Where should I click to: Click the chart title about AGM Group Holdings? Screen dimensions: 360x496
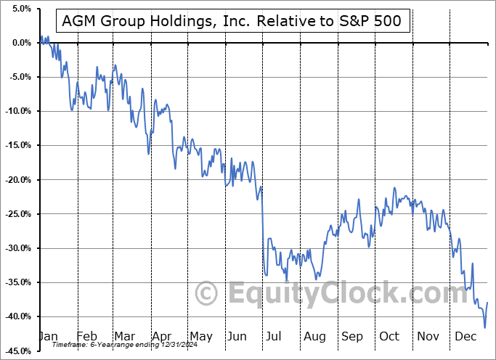tap(234, 22)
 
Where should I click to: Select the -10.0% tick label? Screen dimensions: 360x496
tap(16, 111)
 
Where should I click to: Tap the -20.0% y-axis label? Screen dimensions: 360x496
tap(16, 179)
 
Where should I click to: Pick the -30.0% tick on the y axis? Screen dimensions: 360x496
tap(16, 247)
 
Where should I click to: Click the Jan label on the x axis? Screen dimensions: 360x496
tap(49, 336)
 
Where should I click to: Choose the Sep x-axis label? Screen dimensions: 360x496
tap(351, 336)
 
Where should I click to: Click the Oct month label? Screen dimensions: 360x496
tap(389, 336)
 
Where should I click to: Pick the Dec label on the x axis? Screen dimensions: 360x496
tap(465, 336)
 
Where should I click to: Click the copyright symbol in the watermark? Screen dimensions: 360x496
tap(208, 294)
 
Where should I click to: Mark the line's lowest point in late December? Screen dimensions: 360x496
tap(484, 327)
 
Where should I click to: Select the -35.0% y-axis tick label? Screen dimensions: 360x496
tap(16, 282)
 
